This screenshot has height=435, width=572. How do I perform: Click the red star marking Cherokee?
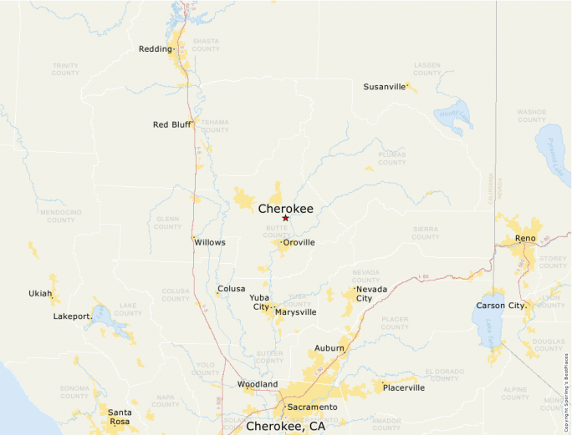(x=285, y=218)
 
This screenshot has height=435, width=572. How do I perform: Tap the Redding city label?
(x=155, y=49)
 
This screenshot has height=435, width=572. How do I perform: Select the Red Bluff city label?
(x=172, y=124)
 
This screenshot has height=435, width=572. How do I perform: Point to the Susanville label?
(x=384, y=87)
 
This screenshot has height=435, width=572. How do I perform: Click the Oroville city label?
(x=299, y=242)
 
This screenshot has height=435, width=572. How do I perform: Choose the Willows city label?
(x=210, y=242)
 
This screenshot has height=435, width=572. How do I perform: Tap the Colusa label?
(x=232, y=289)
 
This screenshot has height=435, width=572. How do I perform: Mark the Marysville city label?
(x=296, y=312)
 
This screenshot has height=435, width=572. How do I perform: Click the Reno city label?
(x=525, y=239)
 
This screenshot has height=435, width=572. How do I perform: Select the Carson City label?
(x=501, y=306)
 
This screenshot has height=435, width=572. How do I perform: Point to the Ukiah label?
(x=40, y=294)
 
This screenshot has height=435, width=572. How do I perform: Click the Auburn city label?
(x=329, y=347)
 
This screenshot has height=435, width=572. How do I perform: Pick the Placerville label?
(x=404, y=387)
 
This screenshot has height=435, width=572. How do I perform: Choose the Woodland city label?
(x=258, y=384)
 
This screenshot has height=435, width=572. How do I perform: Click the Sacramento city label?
(x=312, y=407)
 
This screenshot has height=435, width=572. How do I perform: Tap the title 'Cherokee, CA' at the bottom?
(x=285, y=426)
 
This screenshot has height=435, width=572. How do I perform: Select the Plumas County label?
(x=391, y=158)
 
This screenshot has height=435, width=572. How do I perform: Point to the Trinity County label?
(x=65, y=68)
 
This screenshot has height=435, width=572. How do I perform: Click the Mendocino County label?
(x=60, y=215)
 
